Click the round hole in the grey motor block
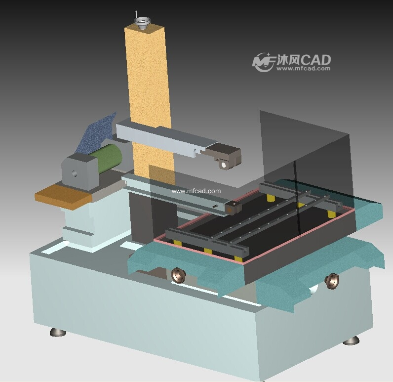(x=75, y=173)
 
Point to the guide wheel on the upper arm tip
(x=223, y=165)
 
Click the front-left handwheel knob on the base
(x=178, y=275)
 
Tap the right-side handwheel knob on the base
(x=333, y=281)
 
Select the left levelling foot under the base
(x=58, y=332)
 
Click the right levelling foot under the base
(x=351, y=340)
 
